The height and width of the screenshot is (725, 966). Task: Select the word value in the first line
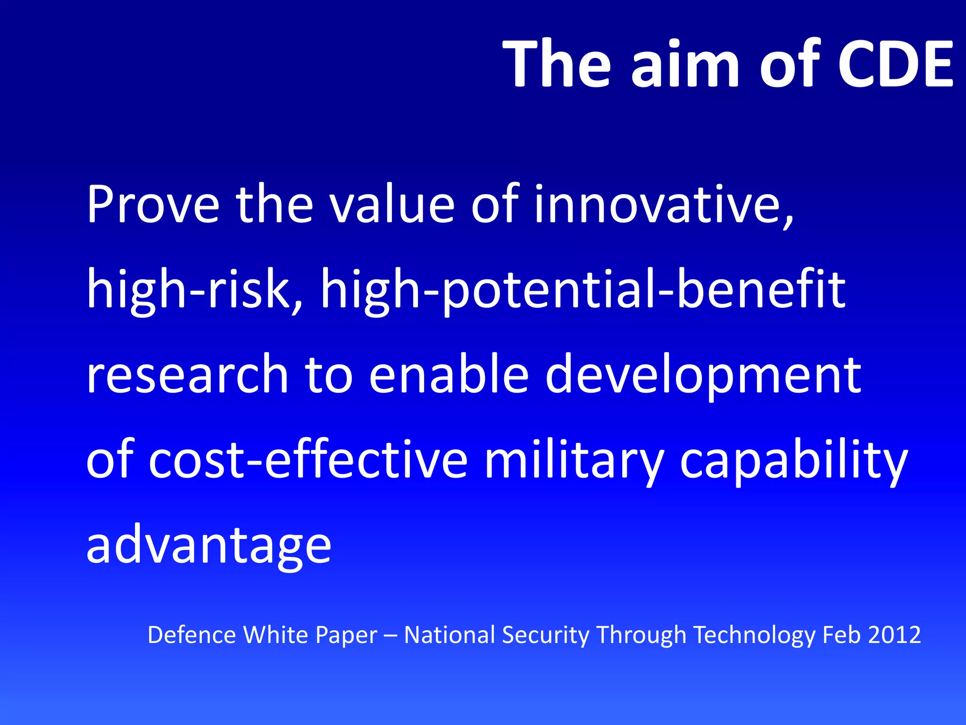pyautogui.click(x=391, y=204)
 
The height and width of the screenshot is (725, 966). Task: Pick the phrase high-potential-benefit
pyautogui.click(x=583, y=289)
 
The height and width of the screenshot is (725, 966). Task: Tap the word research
pyautogui.click(x=187, y=374)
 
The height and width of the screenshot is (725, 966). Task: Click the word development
pyautogui.click(x=703, y=374)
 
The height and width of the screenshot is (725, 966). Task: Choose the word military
pyautogui.click(x=574, y=459)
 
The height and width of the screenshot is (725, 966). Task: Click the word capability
pyautogui.click(x=793, y=459)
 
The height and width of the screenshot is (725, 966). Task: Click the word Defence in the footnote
pyautogui.click(x=192, y=635)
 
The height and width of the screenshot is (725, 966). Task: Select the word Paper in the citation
pyautogui.click(x=346, y=635)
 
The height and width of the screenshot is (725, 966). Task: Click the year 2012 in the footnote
pyautogui.click(x=894, y=635)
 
